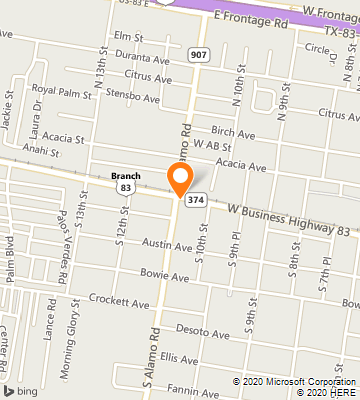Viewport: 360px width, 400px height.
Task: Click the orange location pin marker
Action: coord(180,180)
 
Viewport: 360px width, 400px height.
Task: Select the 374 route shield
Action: coord(196,199)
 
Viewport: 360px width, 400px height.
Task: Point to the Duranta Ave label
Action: coord(144,59)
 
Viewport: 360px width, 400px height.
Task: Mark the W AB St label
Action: coord(214,146)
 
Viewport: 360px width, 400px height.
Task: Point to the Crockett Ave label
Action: coord(117,300)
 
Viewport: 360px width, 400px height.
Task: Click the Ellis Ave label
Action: coord(180,358)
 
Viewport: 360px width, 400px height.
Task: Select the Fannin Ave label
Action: coord(192,388)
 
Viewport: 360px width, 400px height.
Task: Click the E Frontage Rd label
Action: coord(243,17)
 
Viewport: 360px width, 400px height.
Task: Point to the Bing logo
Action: coord(15,389)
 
